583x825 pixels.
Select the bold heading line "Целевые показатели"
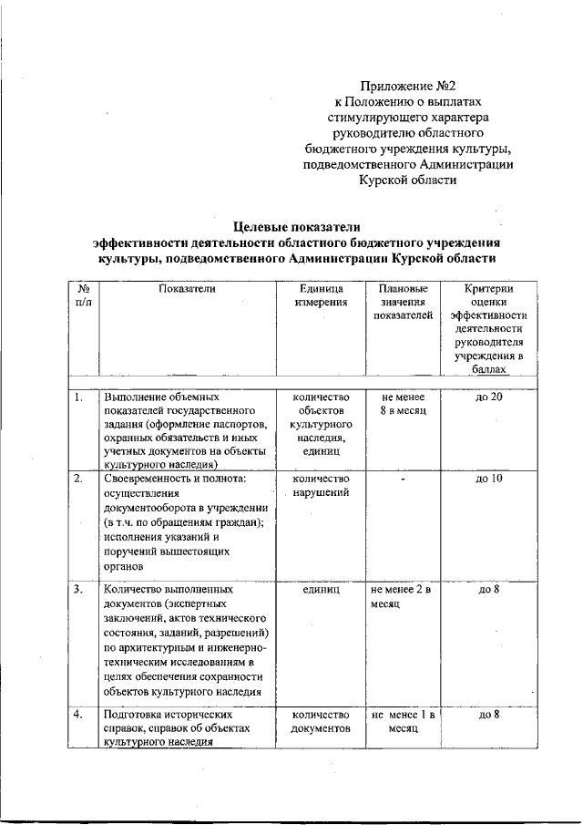coord(297,226)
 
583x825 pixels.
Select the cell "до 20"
coord(489,397)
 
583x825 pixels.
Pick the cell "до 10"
coord(489,479)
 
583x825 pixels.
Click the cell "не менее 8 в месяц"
coord(400,404)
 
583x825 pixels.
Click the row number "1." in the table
coord(79,397)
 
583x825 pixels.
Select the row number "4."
coord(79,716)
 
